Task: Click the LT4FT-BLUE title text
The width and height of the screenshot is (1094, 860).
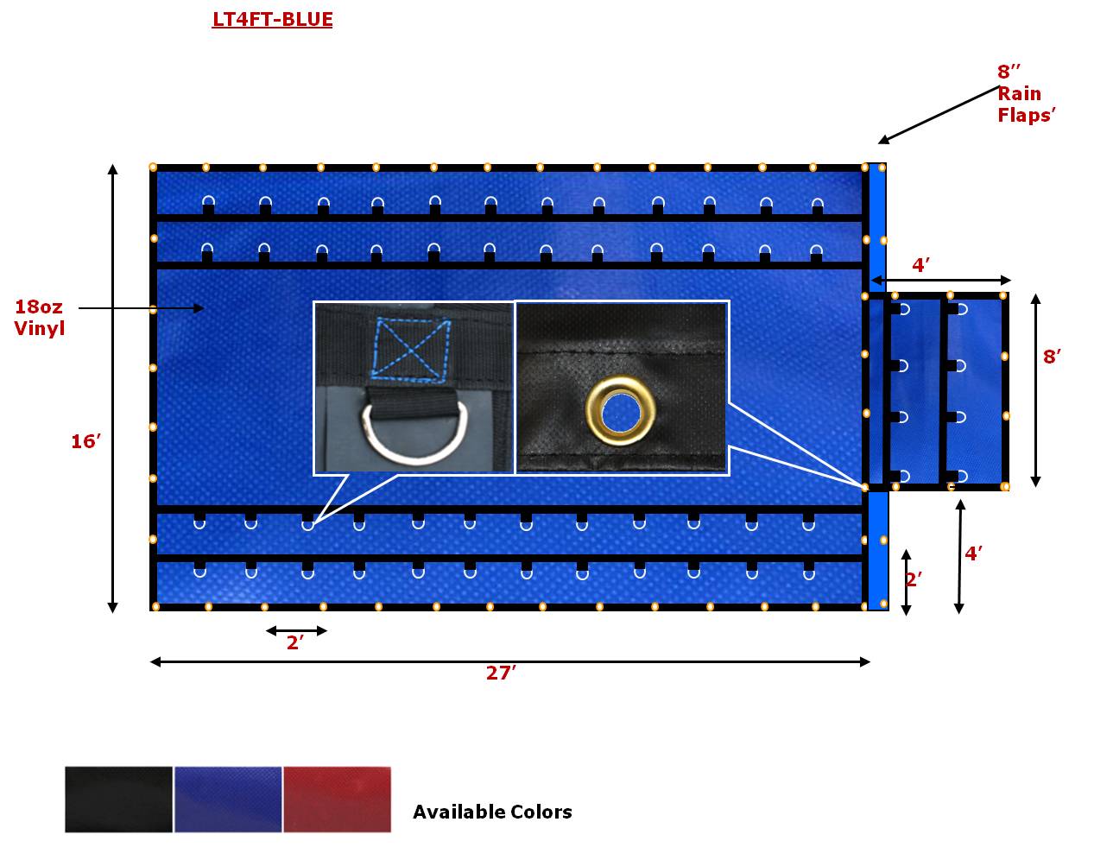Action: point(272,19)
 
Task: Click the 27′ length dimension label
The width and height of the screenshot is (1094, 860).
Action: point(500,673)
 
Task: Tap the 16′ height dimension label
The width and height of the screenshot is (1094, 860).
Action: point(86,441)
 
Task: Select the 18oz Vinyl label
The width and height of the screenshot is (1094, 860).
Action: point(39,317)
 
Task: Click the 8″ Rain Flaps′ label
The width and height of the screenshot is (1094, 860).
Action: point(1027,93)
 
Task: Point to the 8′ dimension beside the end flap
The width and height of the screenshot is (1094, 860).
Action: point(1051,356)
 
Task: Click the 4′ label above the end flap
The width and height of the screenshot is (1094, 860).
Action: point(920,265)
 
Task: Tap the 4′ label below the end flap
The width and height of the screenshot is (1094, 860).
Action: point(973,553)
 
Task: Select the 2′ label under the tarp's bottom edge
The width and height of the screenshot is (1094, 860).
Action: point(295,642)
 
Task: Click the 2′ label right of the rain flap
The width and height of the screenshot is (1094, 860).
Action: point(914,579)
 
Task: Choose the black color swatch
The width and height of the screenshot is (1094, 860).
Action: point(119,800)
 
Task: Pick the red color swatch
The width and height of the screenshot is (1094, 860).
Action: point(337,800)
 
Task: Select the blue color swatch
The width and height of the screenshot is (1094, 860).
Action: point(228,800)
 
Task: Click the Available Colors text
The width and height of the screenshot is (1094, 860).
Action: point(492,812)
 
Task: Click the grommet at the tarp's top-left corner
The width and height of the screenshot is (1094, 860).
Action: point(153,167)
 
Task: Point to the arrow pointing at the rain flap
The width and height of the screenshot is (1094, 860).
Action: point(938,114)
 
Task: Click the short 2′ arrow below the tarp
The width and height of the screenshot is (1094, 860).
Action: point(296,630)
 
